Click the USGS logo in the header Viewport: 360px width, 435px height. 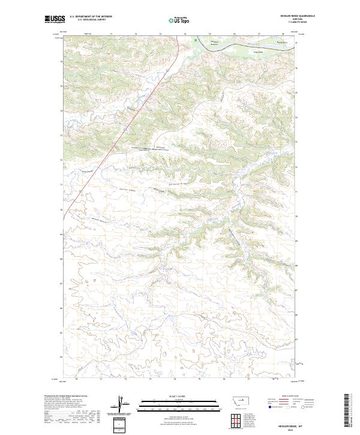tap(55, 19)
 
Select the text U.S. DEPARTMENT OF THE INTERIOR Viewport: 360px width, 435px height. tap(91, 17)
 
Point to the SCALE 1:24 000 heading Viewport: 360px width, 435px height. tap(173, 396)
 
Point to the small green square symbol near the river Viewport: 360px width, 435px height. tap(196, 41)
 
